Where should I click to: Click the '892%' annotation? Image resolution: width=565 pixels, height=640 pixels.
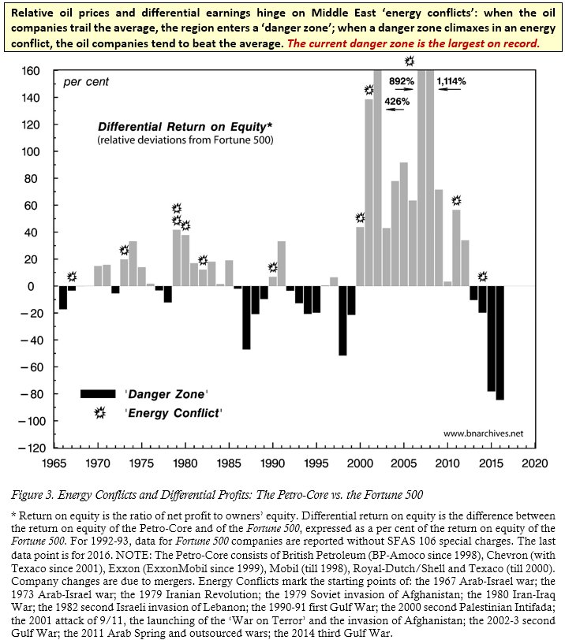coord(402,80)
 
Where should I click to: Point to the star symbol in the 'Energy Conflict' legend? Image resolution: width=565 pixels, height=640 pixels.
coord(100,412)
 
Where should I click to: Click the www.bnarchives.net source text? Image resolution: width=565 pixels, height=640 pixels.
coord(483,433)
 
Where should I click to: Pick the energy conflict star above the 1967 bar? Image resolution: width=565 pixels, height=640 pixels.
coord(73,277)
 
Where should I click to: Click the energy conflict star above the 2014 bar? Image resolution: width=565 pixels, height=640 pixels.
coord(482,277)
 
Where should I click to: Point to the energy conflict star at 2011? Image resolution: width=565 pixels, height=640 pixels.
coord(455,200)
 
